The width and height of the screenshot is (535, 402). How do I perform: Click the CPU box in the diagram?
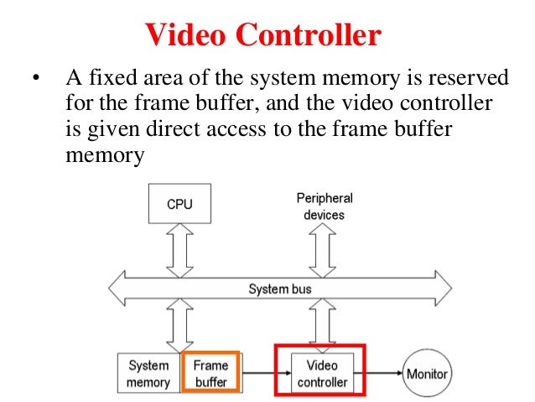(x=179, y=205)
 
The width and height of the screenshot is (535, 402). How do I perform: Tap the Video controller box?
(x=322, y=374)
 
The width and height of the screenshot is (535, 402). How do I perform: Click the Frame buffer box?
(x=210, y=373)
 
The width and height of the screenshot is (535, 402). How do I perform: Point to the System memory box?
(x=148, y=374)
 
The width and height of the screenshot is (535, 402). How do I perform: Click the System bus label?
(x=280, y=290)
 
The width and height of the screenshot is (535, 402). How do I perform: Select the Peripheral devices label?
(x=325, y=206)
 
